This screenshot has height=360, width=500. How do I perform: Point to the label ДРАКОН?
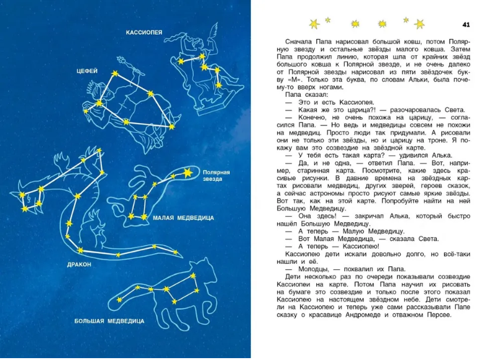(79, 264)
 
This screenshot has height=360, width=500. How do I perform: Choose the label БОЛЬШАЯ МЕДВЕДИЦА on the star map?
(109, 321)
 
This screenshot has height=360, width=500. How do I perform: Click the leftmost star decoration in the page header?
(314, 24)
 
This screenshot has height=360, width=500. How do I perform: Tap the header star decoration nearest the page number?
(419, 24)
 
